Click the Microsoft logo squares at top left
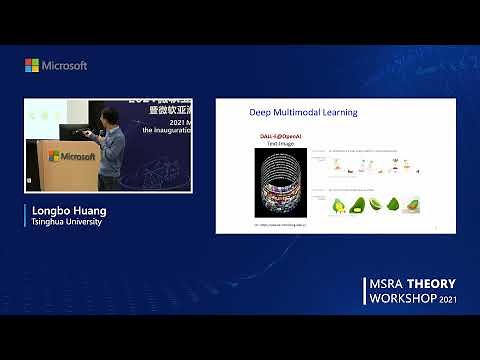pos(32,65)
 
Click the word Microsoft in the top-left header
pos(64,65)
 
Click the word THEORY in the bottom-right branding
pos(429,285)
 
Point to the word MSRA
pos(384,285)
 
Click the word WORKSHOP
pos(402,300)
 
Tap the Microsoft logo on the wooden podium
pos(71,156)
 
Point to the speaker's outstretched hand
pos(87,132)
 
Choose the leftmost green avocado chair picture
pos(339,205)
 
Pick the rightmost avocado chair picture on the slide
pos(410,205)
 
